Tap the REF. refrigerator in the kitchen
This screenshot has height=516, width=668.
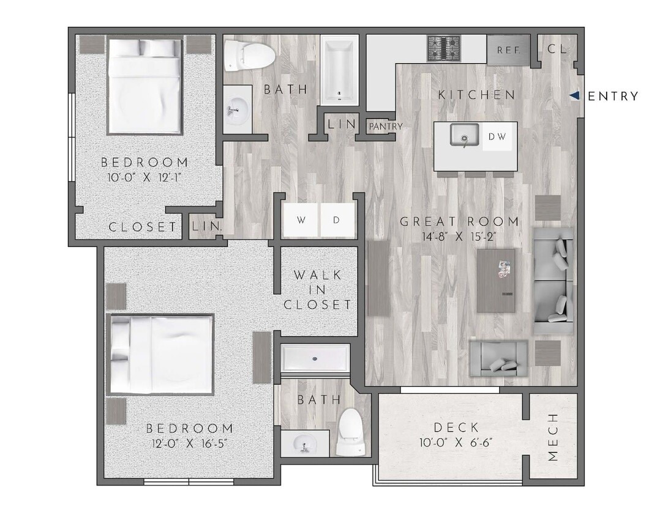pyautogui.click(x=508, y=50)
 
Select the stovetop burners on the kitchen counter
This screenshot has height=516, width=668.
pyautogui.click(x=444, y=48)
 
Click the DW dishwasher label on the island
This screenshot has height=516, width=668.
pyautogui.click(x=497, y=137)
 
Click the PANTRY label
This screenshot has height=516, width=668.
pyautogui.click(x=386, y=127)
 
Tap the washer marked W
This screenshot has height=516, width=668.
pyautogui.click(x=301, y=219)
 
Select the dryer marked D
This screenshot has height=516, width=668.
pyautogui.click(x=336, y=219)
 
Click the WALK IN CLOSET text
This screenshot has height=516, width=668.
pyautogui.click(x=317, y=289)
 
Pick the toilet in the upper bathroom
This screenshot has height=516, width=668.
pyautogui.click(x=249, y=55)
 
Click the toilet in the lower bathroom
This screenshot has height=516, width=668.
pyautogui.click(x=351, y=432)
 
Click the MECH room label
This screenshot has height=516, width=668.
pyautogui.click(x=553, y=437)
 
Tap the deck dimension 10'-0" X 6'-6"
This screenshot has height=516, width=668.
pyautogui.click(x=456, y=443)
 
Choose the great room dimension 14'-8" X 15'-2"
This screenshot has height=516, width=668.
pyautogui.click(x=459, y=237)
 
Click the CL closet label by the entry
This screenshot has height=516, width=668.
pyautogui.click(x=557, y=50)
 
